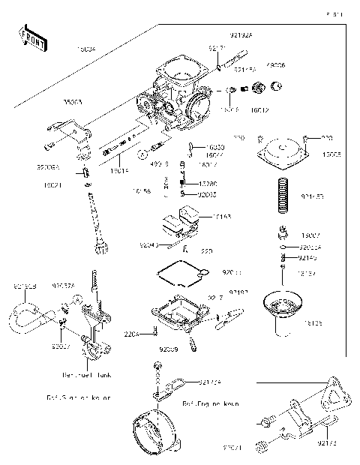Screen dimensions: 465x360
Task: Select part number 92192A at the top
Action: [x=241, y=34]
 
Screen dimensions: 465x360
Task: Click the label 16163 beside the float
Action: [x=221, y=216]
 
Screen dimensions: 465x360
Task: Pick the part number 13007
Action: [x=310, y=234]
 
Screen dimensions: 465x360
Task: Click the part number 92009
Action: [x=169, y=349]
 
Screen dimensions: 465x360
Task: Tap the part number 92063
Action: [x=208, y=194]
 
